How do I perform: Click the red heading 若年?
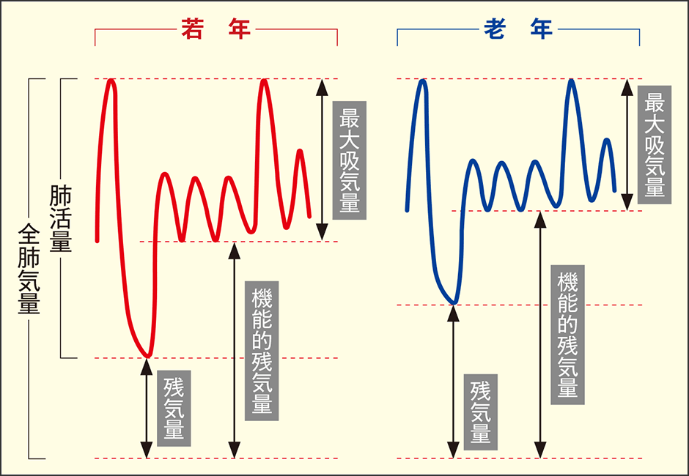pyautogui.click(x=215, y=30)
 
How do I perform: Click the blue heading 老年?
pyautogui.click(x=517, y=30)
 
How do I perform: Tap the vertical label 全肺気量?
pyautogui.click(x=29, y=269)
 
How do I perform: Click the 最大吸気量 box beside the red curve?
pyautogui.click(x=349, y=160)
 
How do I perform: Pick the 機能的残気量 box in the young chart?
pyautogui.click(x=261, y=351)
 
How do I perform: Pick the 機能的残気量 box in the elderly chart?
pyautogui.click(x=567, y=335)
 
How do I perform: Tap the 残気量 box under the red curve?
pyautogui.click(x=174, y=408)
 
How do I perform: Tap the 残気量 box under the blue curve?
pyautogui.click(x=480, y=412)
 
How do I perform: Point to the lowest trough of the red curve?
pyautogui.click(x=147, y=355)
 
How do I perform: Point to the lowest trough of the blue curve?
pyautogui.click(x=454, y=302)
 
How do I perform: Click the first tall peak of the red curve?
pyautogui.click(x=111, y=81)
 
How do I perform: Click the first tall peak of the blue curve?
pyautogui.click(x=423, y=81)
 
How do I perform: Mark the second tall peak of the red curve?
pyautogui.click(x=265, y=81)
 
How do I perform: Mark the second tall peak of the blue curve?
pyautogui.click(x=571, y=81)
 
